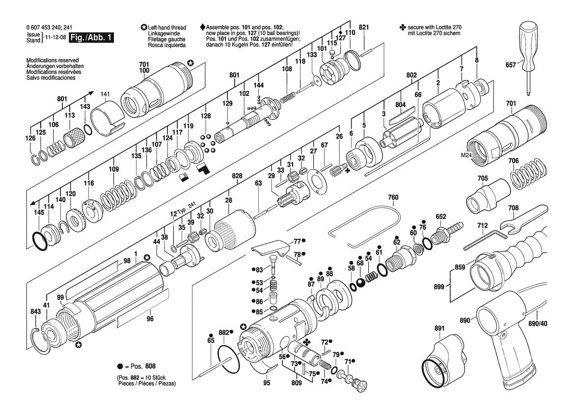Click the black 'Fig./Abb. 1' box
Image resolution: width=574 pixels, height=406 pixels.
(91, 37)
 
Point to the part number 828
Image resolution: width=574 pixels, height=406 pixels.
(237, 176)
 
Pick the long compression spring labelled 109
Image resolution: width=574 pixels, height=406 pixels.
(118, 194)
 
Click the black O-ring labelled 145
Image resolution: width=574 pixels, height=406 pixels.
(39, 241)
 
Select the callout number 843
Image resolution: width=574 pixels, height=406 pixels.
(35, 312)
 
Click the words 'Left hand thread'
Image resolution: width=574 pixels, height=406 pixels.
(166, 28)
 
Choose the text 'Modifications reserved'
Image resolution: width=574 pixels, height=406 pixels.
(53, 60)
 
